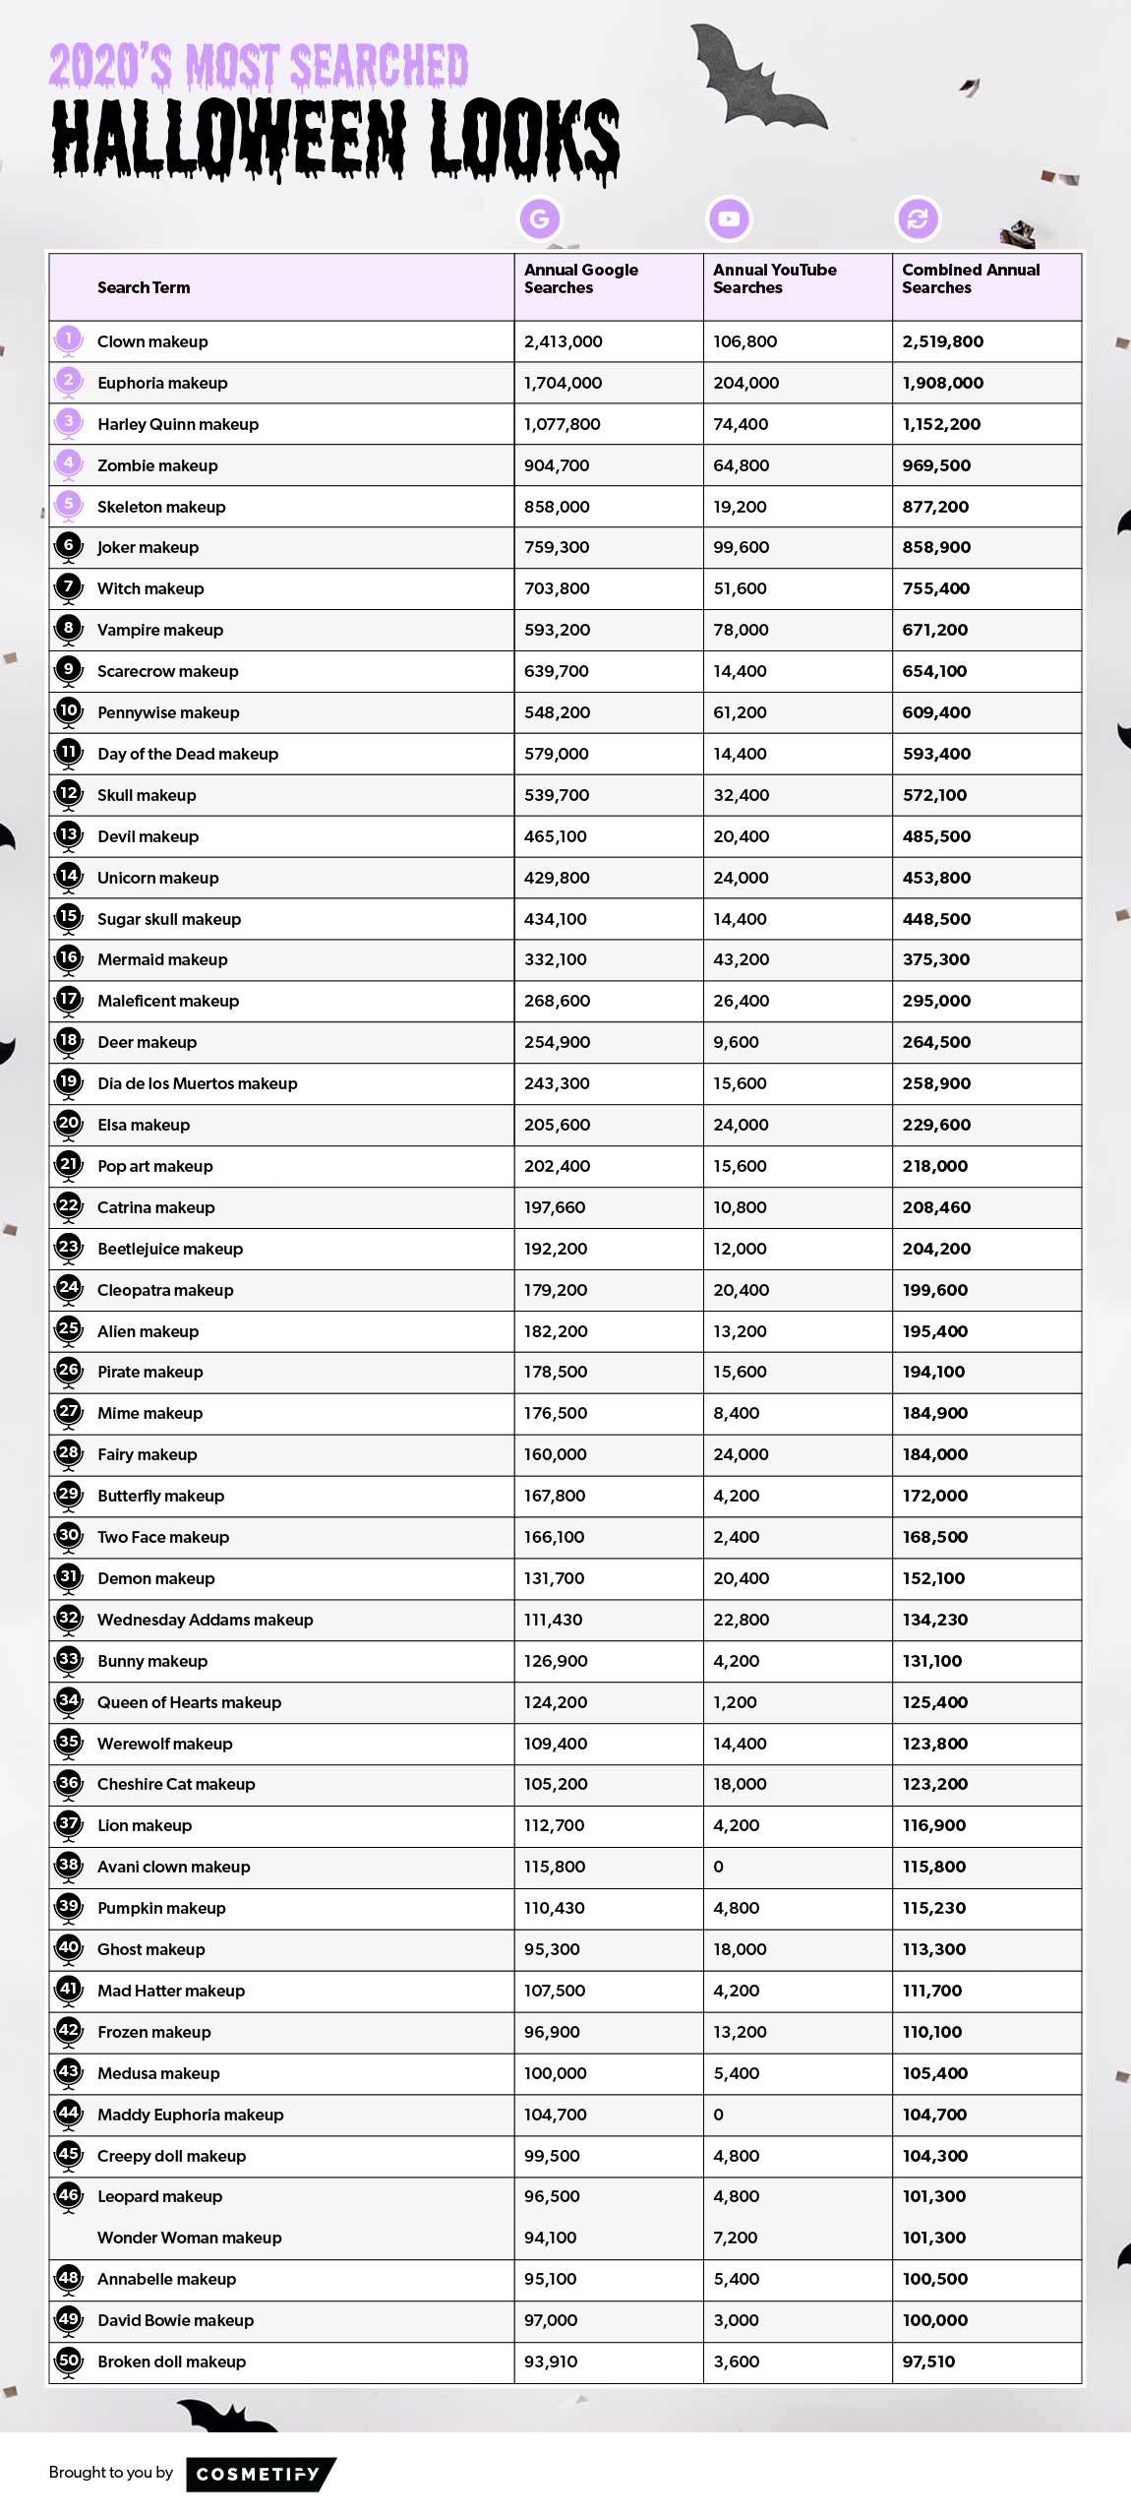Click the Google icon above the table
pos(539,218)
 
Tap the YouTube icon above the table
pos(729,218)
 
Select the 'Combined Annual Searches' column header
pos(970,278)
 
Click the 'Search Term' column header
pos(144,287)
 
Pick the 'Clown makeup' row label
pos(152,341)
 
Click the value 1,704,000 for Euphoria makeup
pos(563,383)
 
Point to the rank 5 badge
pos(68,505)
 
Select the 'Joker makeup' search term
pos(148,547)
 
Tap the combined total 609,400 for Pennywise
pos(936,712)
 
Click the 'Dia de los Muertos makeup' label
pos(197,1083)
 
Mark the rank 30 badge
pos(68,1535)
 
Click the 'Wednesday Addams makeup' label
pos(205,1620)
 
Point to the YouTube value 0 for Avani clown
pos(718,1867)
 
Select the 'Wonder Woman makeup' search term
pos(189,2238)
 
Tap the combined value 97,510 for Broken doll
pos(928,2362)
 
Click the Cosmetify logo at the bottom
pos(260,2474)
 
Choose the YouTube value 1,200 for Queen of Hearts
pos(736,1702)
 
